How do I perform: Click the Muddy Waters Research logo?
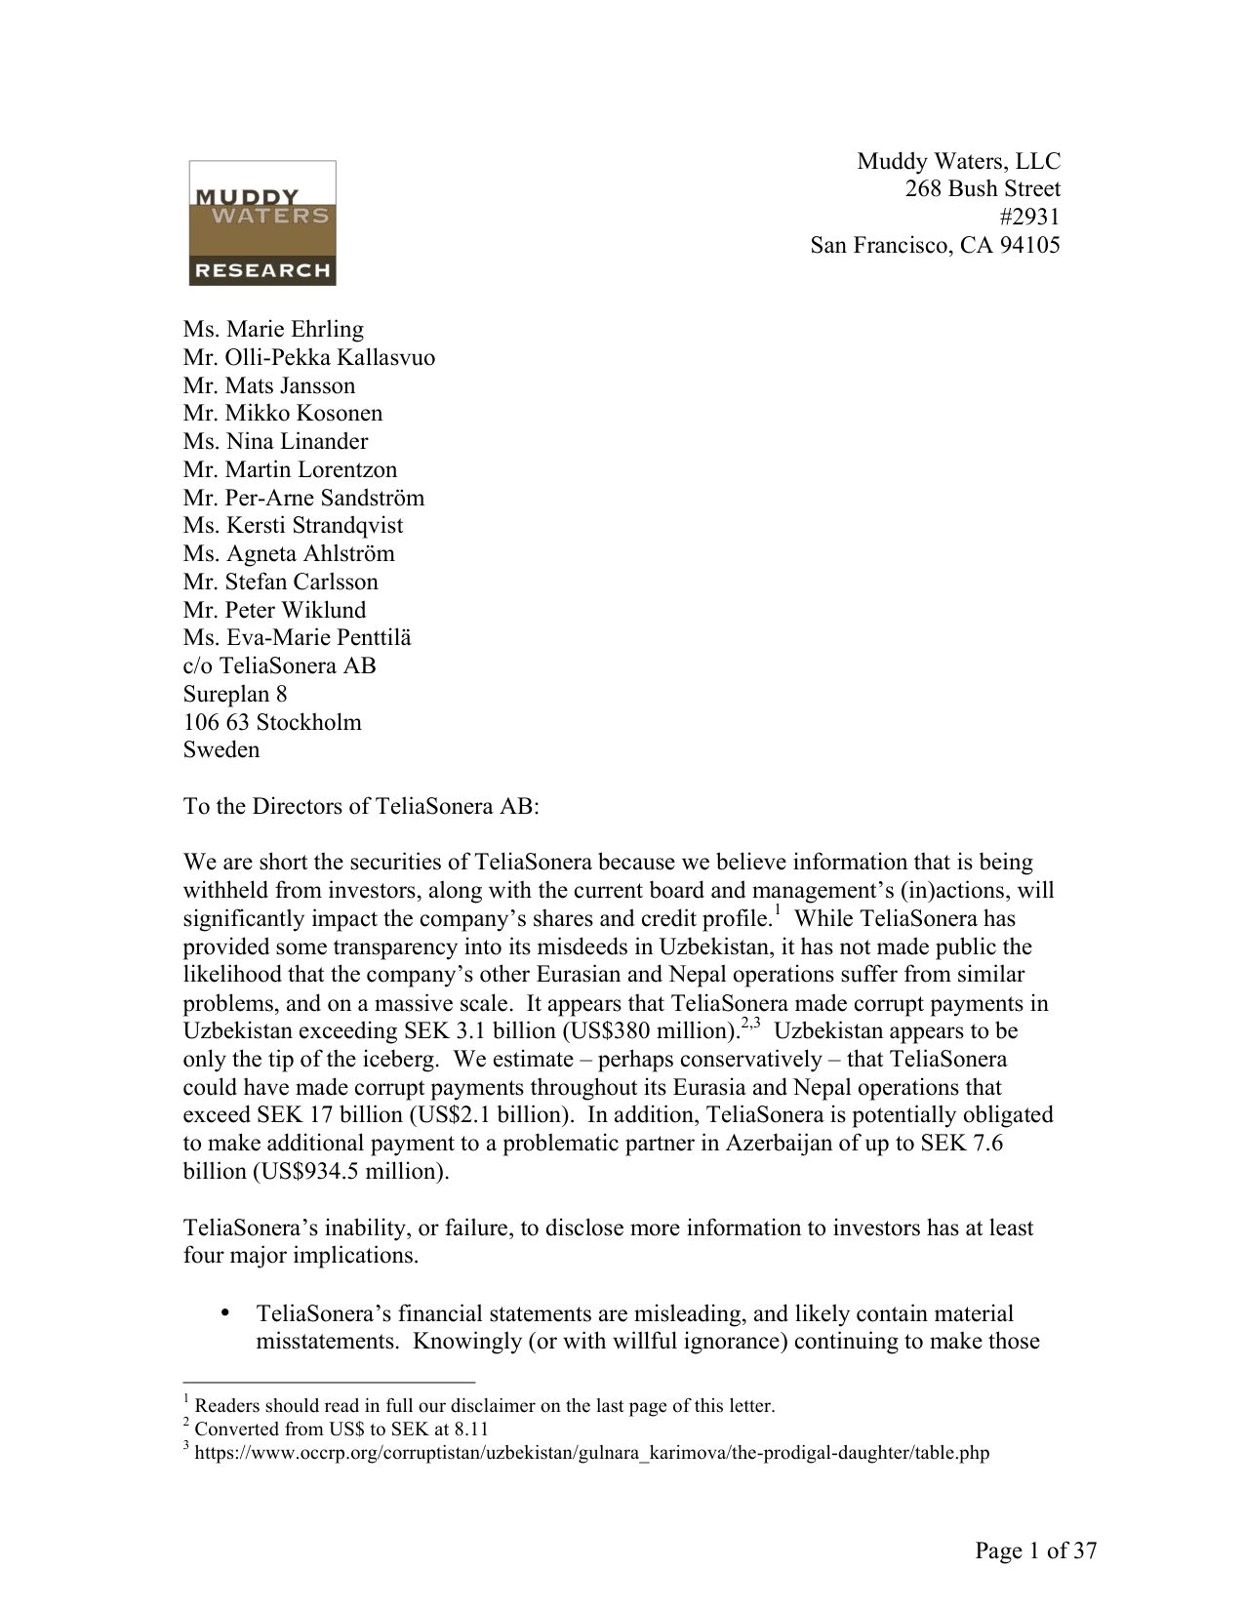click(262, 223)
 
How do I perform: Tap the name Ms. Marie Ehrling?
click(273, 329)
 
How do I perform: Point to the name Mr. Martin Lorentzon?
click(290, 469)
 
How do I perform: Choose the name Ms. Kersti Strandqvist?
click(293, 525)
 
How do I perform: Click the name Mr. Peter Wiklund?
click(274, 610)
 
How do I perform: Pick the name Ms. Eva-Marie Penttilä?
click(297, 638)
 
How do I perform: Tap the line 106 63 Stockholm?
click(272, 722)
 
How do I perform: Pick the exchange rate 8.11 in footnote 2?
click(473, 1429)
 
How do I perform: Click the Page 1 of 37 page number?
click(1035, 1550)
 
